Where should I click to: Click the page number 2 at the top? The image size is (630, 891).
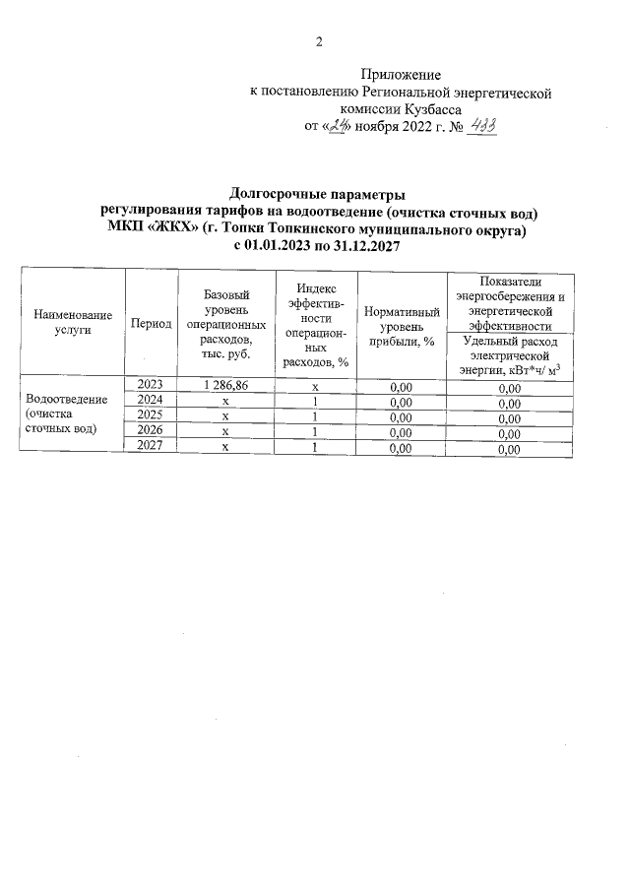[x=318, y=41]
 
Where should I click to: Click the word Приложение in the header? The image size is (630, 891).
[x=401, y=75]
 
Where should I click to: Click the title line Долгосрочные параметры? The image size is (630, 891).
[x=317, y=194]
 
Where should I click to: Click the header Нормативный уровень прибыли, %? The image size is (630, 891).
[x=401, y=323]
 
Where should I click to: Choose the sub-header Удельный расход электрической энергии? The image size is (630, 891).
[x=509, y=354]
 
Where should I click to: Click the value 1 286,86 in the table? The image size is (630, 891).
[x=225, y=385]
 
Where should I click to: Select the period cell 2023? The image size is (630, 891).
[x=151, y=384]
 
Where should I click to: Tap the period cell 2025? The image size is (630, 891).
[x=151, y=415]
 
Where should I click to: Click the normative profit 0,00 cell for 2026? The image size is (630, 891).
[x=401, y=432]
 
